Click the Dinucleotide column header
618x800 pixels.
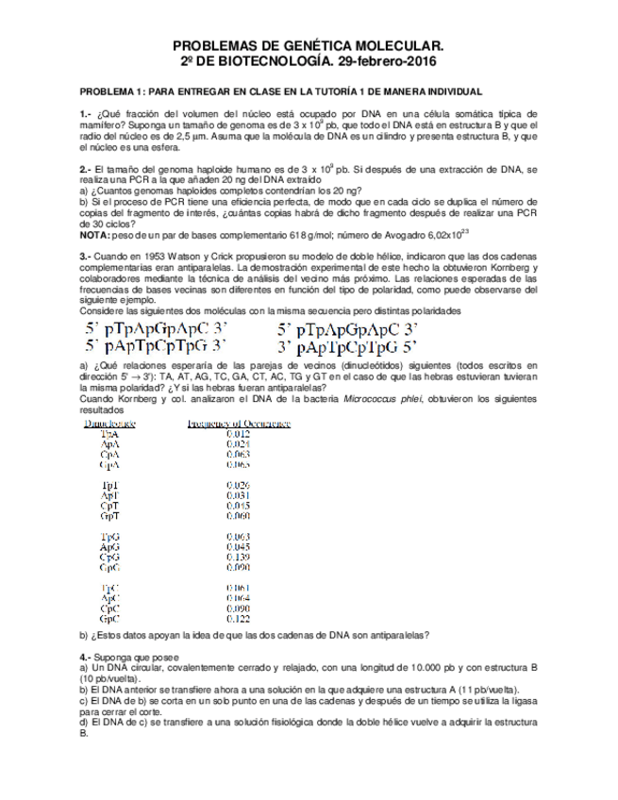click(x=109, y=425)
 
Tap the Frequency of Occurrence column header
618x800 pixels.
click(x=240, y=425)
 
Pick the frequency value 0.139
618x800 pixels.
click(x=238, y=557)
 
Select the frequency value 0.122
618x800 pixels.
click(x=238, y=619)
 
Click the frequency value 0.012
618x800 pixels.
click(x=238, y=434)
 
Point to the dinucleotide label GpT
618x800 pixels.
click(x=109, y=516)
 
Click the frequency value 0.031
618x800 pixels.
click(x=238, y=495)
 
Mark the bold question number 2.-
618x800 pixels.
click(x=85, y=168)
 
